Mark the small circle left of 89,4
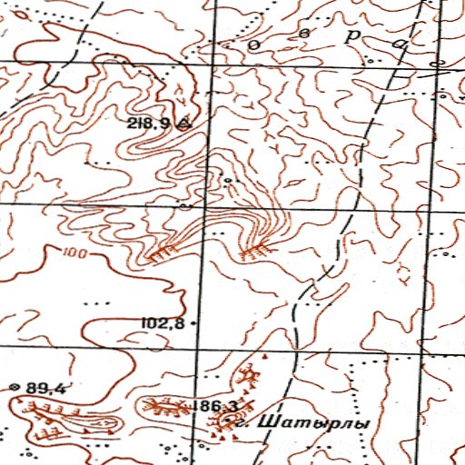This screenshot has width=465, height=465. (14, 388)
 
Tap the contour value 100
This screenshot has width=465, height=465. (77, 253)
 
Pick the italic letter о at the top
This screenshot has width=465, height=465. (256, 43)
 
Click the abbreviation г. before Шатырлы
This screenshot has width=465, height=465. (239, 422)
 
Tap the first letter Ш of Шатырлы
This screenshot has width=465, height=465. (265, 423)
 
